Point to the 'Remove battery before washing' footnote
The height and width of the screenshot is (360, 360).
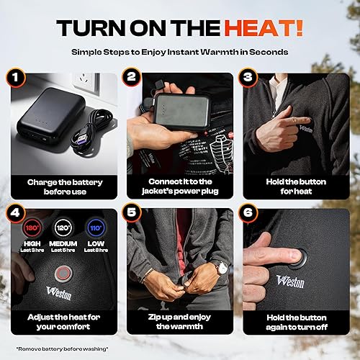point(63,348)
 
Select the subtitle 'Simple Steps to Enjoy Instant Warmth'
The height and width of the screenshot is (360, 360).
point(179,53)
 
